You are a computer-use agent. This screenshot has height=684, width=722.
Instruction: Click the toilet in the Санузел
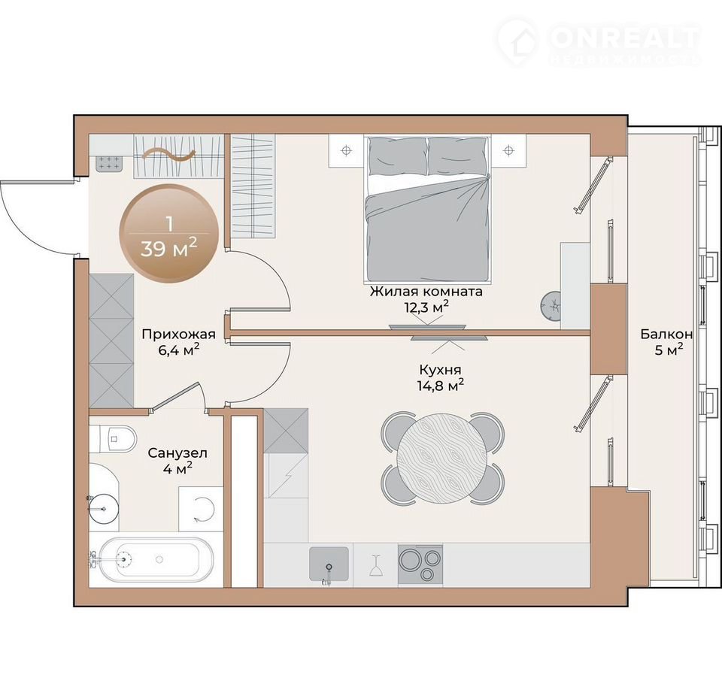coord(113,438)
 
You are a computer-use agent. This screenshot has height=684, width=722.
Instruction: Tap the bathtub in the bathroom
coord(150,560)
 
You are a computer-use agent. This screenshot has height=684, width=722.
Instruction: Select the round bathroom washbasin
coord(104,509)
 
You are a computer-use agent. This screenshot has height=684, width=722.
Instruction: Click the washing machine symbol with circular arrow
coord(202,509)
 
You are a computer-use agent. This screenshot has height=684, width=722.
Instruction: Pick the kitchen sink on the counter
coord(329,564)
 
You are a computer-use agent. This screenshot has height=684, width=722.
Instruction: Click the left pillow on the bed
coord(398,156)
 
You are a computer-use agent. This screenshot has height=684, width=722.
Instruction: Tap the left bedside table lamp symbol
coord(346,150)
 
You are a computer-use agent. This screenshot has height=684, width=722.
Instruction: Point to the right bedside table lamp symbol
coord(508,150)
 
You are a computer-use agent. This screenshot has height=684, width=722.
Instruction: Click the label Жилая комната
coord(426,292)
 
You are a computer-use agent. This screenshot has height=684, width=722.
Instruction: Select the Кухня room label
coord(440,370)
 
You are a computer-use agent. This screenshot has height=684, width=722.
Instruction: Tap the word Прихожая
coord(179,334)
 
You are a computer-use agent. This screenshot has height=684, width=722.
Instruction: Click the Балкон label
coord(667,334)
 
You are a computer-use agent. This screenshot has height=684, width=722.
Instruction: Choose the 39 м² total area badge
coord(169,233)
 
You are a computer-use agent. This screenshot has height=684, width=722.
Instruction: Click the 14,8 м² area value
coord(440,385)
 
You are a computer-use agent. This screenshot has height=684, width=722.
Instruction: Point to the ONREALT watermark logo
coord(599,42)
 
